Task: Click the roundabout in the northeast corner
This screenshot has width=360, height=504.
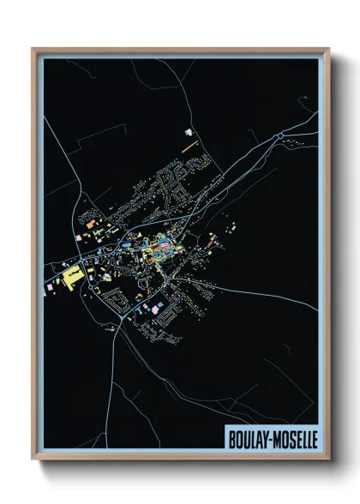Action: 279,135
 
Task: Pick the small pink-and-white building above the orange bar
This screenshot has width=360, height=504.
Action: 189,133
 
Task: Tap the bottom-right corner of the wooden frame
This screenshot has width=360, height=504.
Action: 329,461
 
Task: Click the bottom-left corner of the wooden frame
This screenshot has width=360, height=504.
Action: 33,461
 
